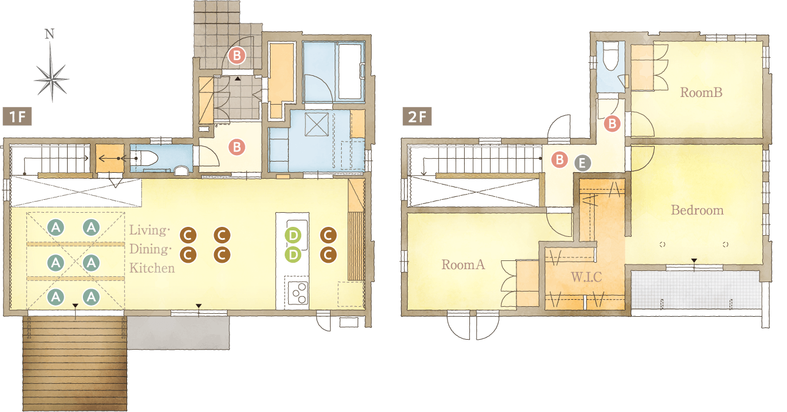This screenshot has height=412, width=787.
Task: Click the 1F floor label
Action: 17,116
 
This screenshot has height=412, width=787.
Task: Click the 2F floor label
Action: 417,116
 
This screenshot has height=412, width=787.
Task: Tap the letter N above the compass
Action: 49,34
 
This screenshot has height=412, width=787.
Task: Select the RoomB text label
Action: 701,92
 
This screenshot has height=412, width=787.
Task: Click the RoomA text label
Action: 463,264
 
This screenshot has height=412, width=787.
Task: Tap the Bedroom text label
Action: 698,210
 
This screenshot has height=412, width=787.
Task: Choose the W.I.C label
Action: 586,277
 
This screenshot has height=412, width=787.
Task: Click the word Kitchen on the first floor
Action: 152,268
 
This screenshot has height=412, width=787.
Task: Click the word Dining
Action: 151,249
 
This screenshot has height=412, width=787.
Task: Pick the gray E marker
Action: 582,163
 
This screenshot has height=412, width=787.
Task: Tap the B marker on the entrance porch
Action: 237,55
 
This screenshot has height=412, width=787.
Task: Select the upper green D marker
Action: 293,235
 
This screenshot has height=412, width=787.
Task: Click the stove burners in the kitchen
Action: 298,293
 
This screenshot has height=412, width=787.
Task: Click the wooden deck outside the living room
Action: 75,363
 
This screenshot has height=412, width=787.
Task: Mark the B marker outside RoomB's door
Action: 612,123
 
